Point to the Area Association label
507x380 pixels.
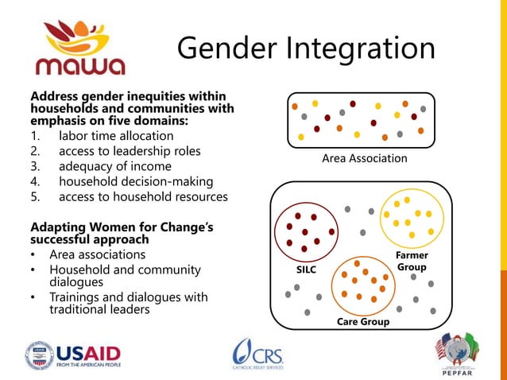click(364, 159)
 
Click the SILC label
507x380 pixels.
click(306, 270)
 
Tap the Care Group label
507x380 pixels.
click(363, 322)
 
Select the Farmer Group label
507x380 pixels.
click(412, 262)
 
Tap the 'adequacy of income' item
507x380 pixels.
click(114, 166)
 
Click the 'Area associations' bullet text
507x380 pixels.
click(97, 255)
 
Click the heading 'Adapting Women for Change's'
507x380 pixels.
click(122, 228)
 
